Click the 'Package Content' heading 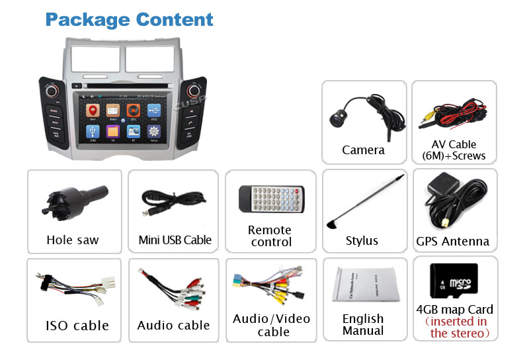pyautogui.click(x=129, y=19)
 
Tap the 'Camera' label pyautogui.click(x=363, y=150)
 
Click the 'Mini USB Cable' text pyautogui.click(x=175, y=240)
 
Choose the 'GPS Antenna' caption pyautogui.click(x=453, y=241)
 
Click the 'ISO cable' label pyautogui.click(x=77, y=326)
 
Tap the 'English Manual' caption pyautogui.click(x=363, y=325)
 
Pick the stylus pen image pyautogui.click(x=364, y=201)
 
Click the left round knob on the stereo pyautogui.click(x=52, y=90)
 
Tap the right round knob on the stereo pyautogui.click(x=194, y=90)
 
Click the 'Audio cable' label pyautogui.click(x=173, y=325)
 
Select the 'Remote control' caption pyautogui.click(x=270, y=236)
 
